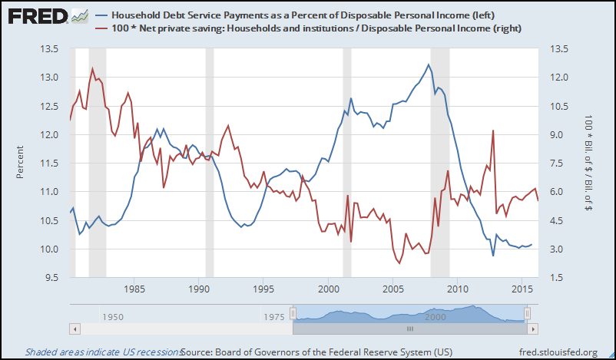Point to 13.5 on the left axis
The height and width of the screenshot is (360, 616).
50,49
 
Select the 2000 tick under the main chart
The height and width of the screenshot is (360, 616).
329,289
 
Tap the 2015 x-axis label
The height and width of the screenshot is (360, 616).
523,289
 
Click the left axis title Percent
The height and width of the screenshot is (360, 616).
21,163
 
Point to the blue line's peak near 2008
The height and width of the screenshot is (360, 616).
427,64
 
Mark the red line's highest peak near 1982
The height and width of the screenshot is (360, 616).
93,68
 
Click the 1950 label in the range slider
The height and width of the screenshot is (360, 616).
115,316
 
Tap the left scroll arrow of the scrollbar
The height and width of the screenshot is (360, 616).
74,329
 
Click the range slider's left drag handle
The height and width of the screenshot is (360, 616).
292,314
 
